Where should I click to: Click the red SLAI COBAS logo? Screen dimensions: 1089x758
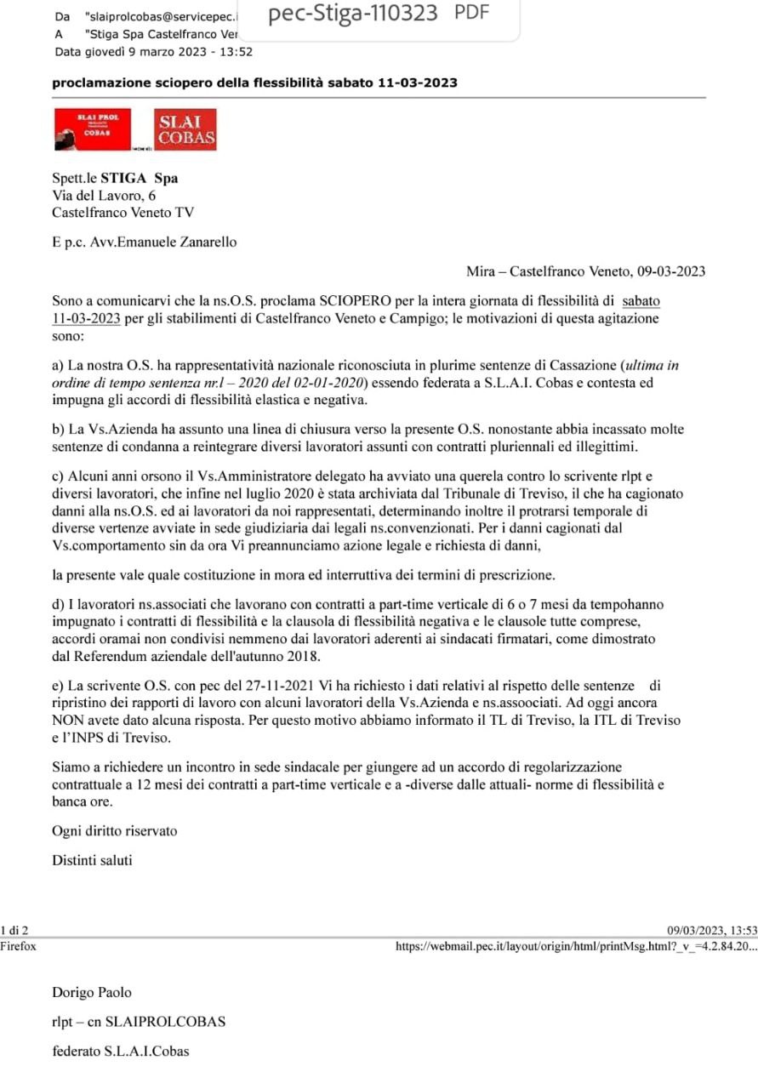coord(185,129)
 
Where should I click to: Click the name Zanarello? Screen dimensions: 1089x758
coord(206,242)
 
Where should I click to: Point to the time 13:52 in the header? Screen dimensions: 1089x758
coord(236,51)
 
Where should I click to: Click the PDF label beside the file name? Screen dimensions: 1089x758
coord(472,13)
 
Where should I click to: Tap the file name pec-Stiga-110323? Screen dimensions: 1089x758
coord(352,14)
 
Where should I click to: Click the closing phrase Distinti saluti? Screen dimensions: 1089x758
coord(92,860)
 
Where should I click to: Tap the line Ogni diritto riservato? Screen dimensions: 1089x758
coord(115,830)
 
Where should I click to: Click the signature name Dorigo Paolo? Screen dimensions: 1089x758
coord(92,993)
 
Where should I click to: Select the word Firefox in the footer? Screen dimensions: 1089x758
coord(18,946)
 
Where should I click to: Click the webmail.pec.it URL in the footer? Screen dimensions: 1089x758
coord(575,946)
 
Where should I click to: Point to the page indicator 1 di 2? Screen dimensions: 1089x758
coord(14,932)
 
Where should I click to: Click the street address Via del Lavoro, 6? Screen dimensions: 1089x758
coord(104,196)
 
